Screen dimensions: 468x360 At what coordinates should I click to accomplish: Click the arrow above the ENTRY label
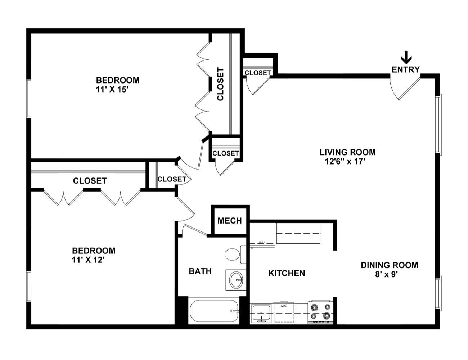point(406,58)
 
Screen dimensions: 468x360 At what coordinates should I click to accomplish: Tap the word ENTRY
point(406,70)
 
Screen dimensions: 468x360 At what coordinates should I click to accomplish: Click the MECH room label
point(230,221)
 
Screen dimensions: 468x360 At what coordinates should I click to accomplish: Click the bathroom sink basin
point(237,280)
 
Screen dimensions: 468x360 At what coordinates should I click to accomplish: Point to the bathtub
point(214,311)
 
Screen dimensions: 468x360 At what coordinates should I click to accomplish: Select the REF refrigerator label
point(262,243)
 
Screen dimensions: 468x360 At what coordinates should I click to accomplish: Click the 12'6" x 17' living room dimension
point(345,162)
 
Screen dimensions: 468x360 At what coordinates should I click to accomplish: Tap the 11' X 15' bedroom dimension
point(112,89)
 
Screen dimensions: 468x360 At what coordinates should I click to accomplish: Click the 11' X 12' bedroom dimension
point(88,260)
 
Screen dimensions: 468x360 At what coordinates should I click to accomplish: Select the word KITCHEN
point(287,273)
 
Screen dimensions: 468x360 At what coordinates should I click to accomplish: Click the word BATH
point(200,271)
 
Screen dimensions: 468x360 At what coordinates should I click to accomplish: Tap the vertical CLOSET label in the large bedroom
point(221,84)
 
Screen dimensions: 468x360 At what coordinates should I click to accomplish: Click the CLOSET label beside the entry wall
point(258,73)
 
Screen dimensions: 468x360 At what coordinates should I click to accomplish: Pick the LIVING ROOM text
point(348,152)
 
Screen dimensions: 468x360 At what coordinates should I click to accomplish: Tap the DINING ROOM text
point(390,265)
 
